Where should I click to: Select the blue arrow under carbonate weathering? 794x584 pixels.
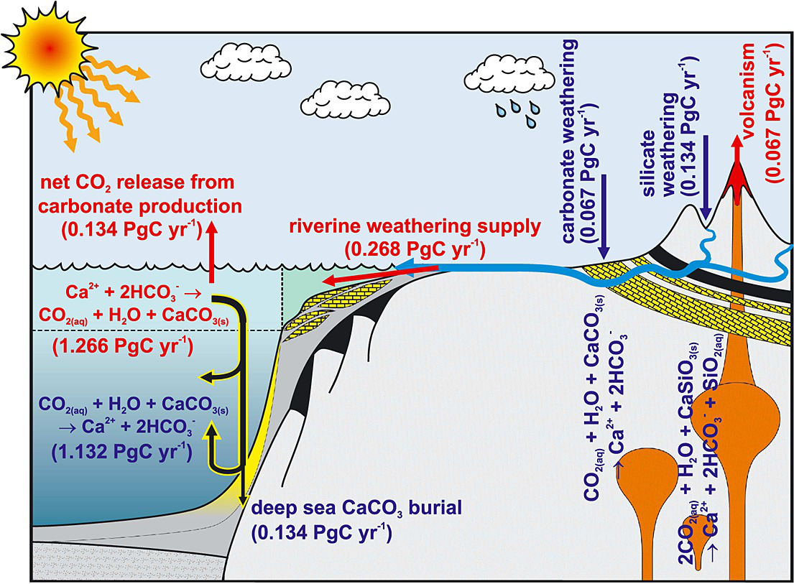(604, 219)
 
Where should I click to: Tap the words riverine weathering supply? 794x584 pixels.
(414, 228)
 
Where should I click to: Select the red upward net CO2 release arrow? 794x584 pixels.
(211, 251)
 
